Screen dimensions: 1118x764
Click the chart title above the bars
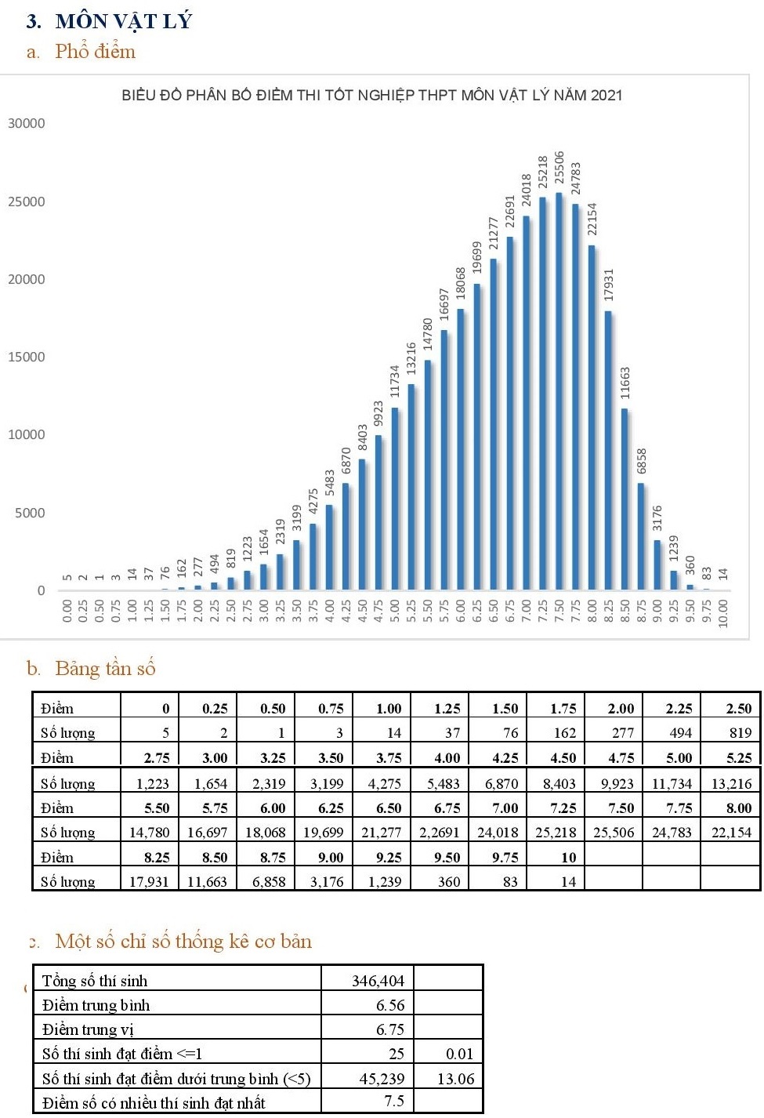tap(371, 96)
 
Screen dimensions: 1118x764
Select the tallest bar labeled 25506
tap(559, 392)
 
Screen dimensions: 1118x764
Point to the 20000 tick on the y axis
tap(27, 279)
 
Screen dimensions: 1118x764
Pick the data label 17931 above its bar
tap(609, 285)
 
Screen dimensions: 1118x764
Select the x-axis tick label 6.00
tap(460, 612)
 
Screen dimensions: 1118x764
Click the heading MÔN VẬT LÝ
tap(124, 21)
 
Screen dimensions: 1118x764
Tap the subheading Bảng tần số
tap(105, 668)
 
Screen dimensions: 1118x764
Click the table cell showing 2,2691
tap(440, 832)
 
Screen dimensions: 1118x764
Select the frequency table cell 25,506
tap(614, 832)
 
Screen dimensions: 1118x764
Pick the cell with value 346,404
tap(378, 981)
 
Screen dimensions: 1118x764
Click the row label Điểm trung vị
tap(88, 1029)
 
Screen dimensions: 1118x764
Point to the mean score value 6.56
tap(390, 1005)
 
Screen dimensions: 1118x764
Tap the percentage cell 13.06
tap(455, 1079)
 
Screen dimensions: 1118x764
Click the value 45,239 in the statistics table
tap(382, 1079)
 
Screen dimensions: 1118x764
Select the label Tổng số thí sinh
tap(95, 981)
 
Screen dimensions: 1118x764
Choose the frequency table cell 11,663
tap(207, 881)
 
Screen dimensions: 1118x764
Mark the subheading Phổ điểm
tap(95, 52)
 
